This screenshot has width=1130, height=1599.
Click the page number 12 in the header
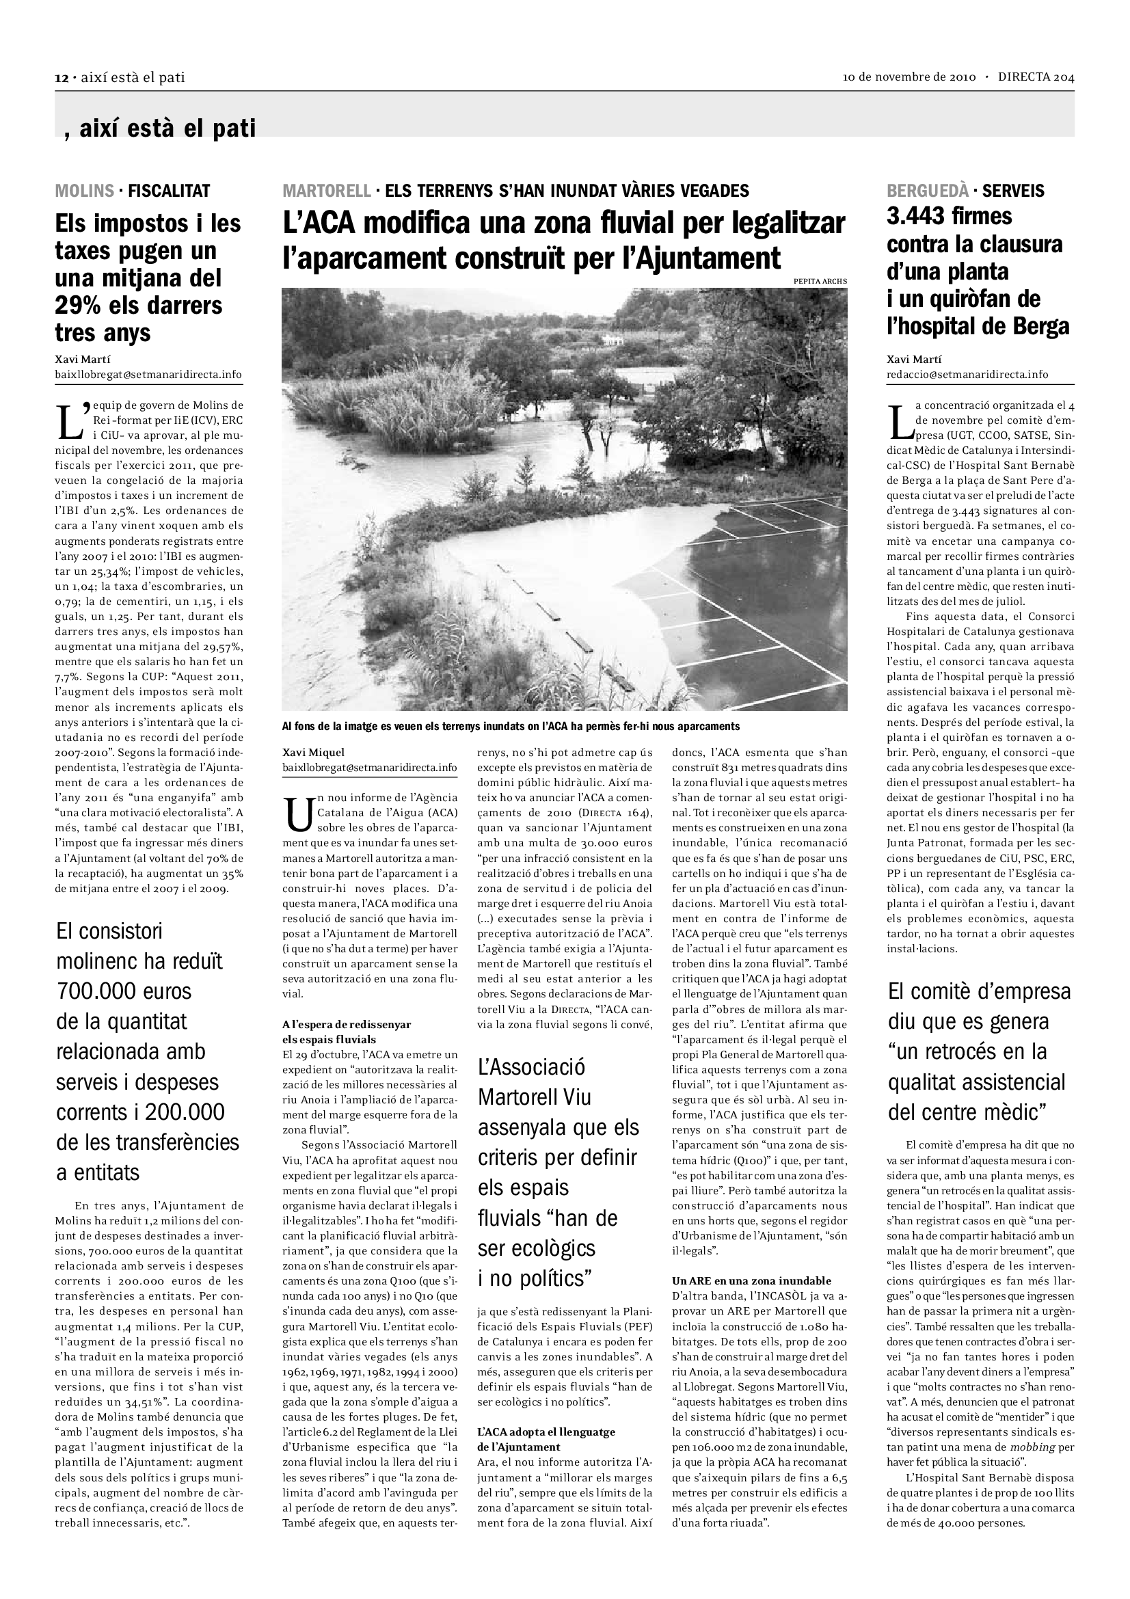pos(61,78)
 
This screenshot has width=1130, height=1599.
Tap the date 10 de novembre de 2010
pos(909,77)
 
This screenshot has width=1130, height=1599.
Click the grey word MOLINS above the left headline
pos(84,190)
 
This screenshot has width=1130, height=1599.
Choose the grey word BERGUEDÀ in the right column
pos(928,190)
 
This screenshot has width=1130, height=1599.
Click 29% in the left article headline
pos(80,306)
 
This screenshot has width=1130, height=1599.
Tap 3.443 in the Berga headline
pos(918,217)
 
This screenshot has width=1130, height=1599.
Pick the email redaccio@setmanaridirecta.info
pos(967,375)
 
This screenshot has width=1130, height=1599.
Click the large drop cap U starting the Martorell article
pos(299,816)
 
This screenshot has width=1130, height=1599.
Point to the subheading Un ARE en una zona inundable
pos(751,1280)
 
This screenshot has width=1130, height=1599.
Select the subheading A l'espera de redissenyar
pos(346,1025)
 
